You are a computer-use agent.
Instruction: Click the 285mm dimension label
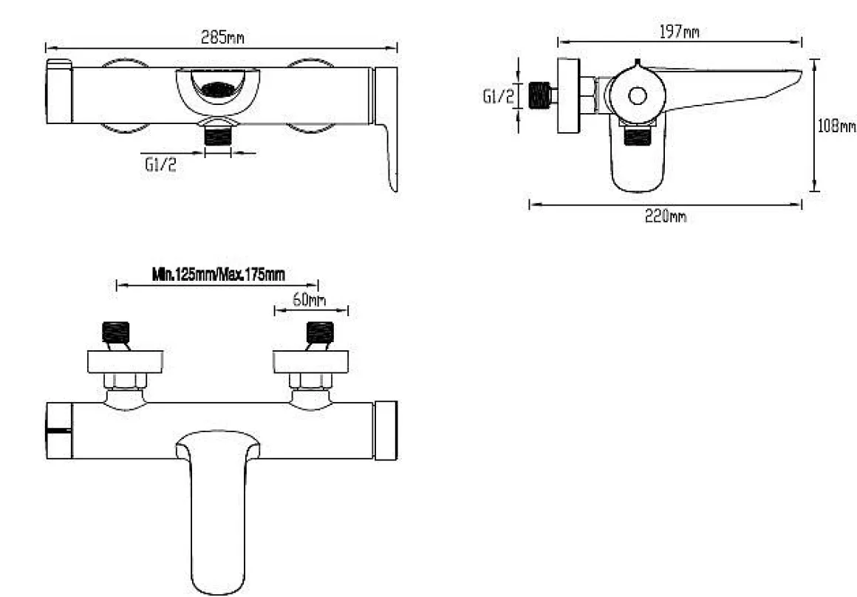[x=222, y=38]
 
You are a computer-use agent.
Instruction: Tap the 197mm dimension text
[x=679, y=33]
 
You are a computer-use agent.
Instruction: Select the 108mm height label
[x=836, y=126]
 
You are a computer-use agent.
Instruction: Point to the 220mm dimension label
[x=665, y=216]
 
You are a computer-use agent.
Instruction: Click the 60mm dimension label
[x=309, y=299]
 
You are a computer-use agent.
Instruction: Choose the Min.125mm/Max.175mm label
[x=218, y=274]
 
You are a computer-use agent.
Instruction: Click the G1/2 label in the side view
[x=499, y=97]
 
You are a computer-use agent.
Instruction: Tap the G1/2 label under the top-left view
[x=161, y=165]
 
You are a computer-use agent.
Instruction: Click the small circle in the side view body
[x=638, y=95]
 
